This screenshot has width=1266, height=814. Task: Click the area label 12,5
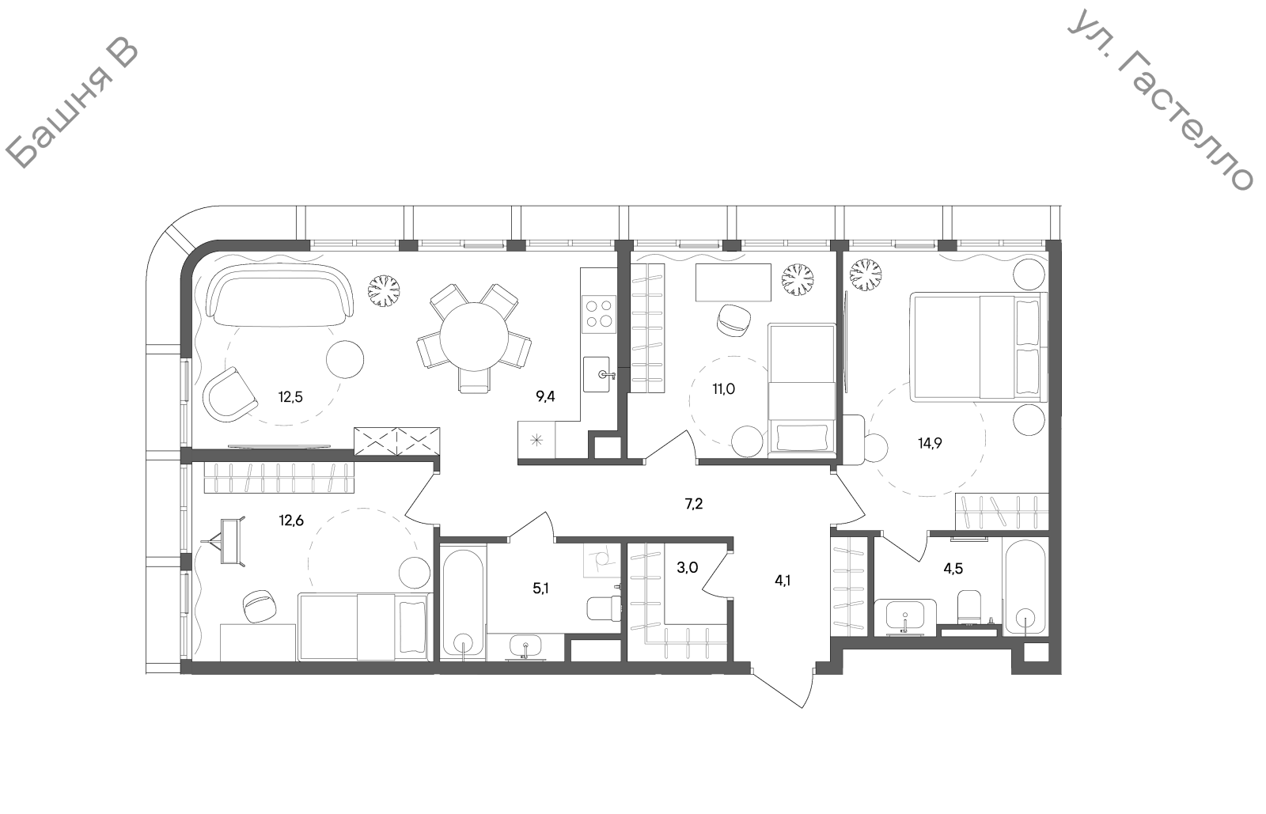pyautogui.click(x=290, y=397)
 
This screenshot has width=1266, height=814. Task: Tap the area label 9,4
pyautogui.click(x=545, y=396)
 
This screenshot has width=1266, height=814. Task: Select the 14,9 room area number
pyautogui.click(x=930, y=444)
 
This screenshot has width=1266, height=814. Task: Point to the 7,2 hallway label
pyautogui.click(x=693, y=504)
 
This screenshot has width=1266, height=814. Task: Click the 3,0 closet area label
pyautogui.click(x=688, y=568)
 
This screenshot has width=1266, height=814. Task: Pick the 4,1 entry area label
pyautogui.click(x=783, y=580)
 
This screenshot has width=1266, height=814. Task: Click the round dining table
pyautogui.click(x=474, y=337)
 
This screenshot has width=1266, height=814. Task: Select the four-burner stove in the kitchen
pyautogui.click(x=599, y=313)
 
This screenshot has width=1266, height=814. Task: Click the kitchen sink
pyautogui.click(x=597, y=374)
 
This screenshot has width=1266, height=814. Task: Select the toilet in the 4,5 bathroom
pyautogui.click(x=970, y=608)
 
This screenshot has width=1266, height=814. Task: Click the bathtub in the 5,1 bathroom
pyautogui.click(x=463, y=604)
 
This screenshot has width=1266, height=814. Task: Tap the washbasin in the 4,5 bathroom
pyautogui.click(x=904, y=616)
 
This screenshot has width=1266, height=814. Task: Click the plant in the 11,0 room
pyautogui.click(x=798, y=279)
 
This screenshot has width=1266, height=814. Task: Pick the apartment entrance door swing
pyautogui.click(x=783, y=687)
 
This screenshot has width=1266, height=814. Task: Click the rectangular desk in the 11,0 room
pyautogui.click(x=733, y=282)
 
